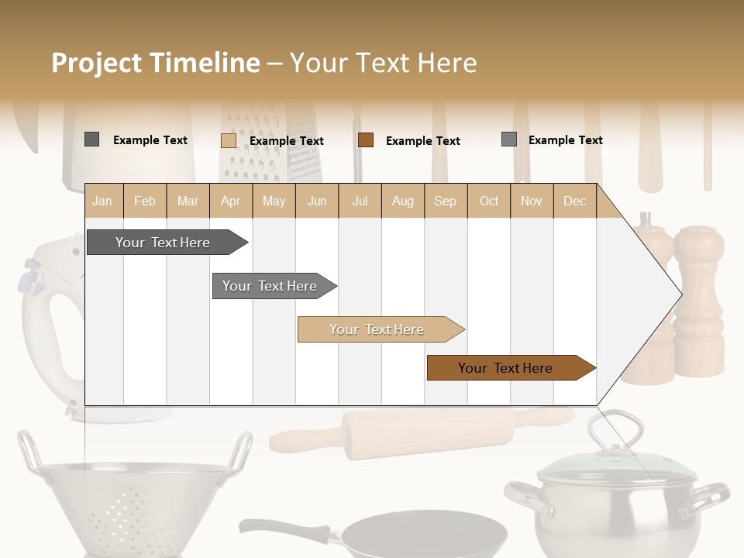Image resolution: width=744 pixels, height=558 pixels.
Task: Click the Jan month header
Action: tap(102, 201)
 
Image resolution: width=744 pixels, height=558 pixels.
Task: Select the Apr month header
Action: tap(230, 201)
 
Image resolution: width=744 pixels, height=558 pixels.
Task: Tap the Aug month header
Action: tap(402, 201)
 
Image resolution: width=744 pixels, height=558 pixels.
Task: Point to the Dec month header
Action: tap(574, 201)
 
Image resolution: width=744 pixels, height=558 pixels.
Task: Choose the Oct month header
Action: tap(489, 201)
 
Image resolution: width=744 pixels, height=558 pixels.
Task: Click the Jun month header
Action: tap(317, 201)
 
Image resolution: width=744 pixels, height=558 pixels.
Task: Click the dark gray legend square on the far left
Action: tap(91, 139)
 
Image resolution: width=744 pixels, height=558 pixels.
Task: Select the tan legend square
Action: tap(228, 140)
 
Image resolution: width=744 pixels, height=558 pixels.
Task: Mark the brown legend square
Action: tap(366, 140)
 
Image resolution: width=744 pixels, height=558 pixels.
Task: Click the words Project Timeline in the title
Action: tap(155, 63)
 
